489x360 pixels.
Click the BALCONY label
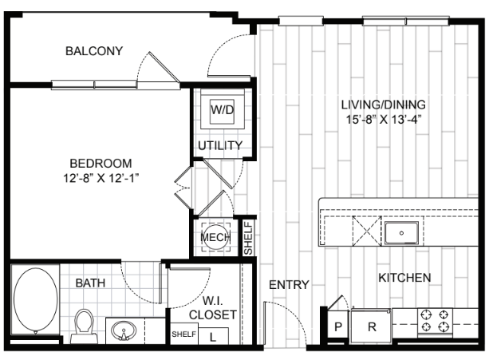(x=94, y=51)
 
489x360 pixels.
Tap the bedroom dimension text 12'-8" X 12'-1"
(x=101, y=178)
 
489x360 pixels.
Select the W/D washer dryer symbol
(x=222, y=109)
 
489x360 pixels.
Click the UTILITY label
(x=220, y=145)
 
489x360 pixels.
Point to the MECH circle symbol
(x=215, y=237)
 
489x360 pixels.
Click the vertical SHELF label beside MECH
(x=248, y=238)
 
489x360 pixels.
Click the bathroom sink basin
(x=124, y=330)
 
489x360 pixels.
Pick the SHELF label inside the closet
(x=184, y=334)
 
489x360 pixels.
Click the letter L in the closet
(x=213, y=337)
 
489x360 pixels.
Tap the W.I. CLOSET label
(x=213, y=308)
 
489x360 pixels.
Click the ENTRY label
(x=289, y=284)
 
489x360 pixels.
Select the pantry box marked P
(x=338, y=326)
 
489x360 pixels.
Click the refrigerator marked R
(x=371, y=326)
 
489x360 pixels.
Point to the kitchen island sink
(x=401, y=233)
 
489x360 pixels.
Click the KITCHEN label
(x=404, y=277)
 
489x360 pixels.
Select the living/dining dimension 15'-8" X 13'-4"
(x=384, y=120)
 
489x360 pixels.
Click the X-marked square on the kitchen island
(x=367, y=231)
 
